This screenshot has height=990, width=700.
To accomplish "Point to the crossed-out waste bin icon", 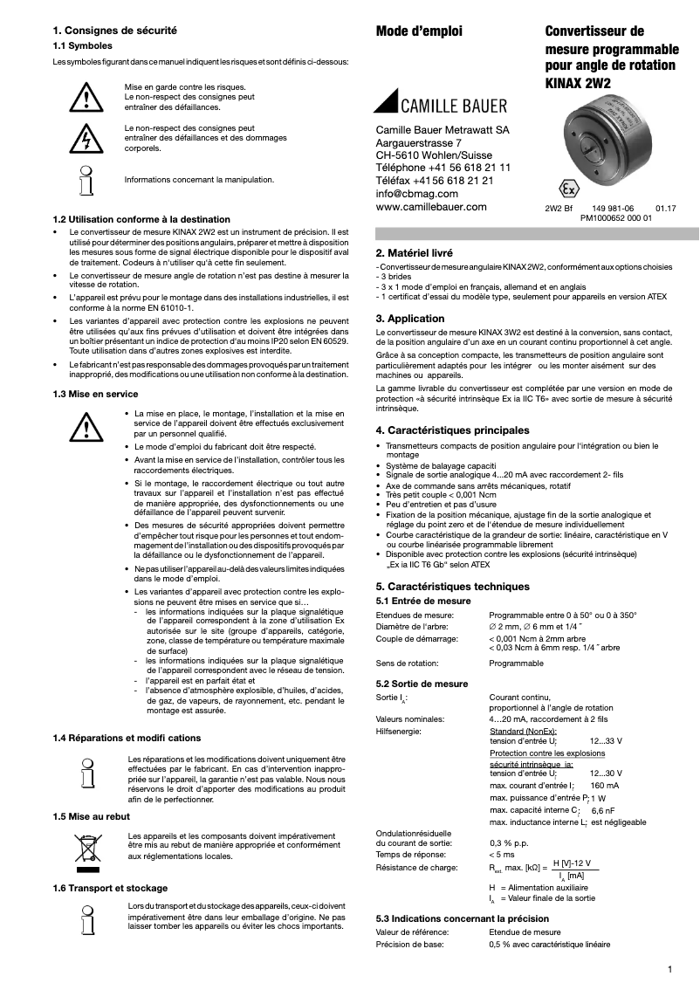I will click(86, 851).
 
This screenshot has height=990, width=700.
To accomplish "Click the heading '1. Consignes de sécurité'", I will click(115, 30).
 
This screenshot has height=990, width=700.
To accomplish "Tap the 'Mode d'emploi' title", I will click(419, 31).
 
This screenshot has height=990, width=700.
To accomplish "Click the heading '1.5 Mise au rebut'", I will click(92, 816).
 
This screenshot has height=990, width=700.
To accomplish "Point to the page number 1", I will click(669, 968).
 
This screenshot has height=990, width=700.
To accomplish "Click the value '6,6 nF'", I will click(603, 810).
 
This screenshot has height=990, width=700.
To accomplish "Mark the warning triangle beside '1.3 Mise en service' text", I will click(86, 425).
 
